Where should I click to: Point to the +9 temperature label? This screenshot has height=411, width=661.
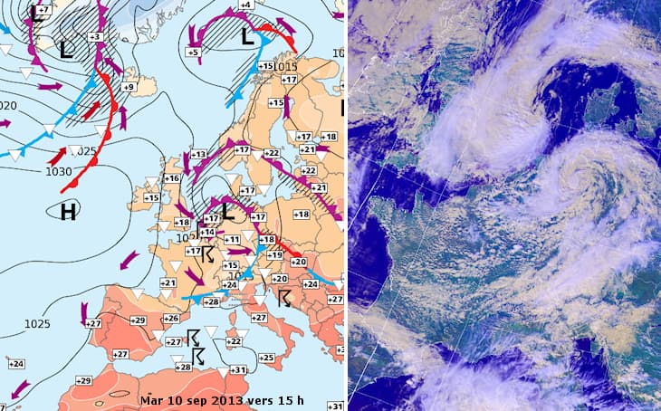click(129, 87)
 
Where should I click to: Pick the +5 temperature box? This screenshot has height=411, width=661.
click(193, 53)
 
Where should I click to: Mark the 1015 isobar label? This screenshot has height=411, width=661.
click(287, 67)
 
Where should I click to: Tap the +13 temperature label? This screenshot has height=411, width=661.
click(198, 155)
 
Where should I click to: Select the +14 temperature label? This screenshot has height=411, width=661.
click(207, 233)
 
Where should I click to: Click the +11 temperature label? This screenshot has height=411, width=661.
click(232, 239)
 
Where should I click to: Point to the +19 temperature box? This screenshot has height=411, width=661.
click(275, 255)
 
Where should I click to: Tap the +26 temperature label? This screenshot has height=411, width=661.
click(170, 319)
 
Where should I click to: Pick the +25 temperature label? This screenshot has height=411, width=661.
click(266, 358)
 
